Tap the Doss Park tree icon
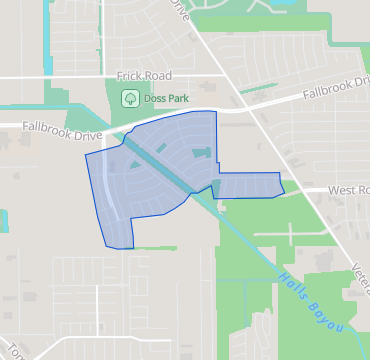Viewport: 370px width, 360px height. tap(128, 98)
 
